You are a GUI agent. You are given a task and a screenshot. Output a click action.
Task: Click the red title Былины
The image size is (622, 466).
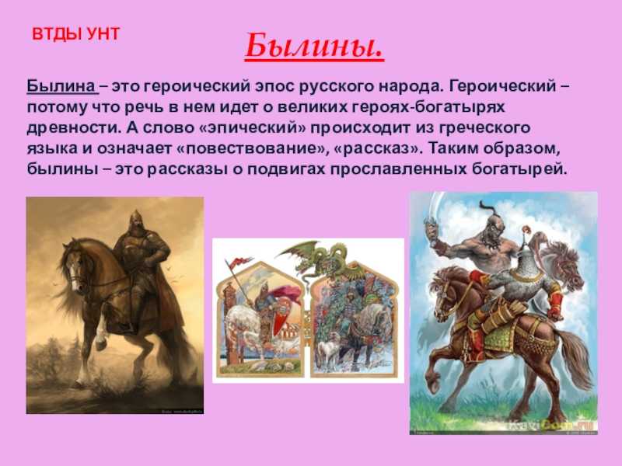coord(315,46)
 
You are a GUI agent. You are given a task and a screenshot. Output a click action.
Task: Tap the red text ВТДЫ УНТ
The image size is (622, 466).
coord(75,34)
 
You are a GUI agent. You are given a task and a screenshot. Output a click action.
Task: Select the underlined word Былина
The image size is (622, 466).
coord(61,86)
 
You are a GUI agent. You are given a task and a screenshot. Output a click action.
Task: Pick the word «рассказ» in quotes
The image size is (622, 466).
coord(379,148)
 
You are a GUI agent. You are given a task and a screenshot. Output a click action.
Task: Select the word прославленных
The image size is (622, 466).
coord(398,169)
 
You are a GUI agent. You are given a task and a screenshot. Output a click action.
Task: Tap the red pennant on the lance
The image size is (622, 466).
coord(239,262)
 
